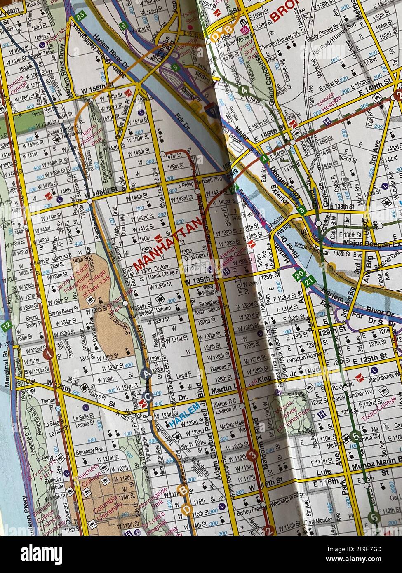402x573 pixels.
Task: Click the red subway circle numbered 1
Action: click(x=49, y=354)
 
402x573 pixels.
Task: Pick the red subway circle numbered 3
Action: click(x=252, y=455)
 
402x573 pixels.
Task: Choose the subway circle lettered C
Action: click(x=148, y=396)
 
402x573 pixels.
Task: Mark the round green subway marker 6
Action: click(x=374, y=517)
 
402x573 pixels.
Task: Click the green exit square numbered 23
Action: click(x=80, y=16)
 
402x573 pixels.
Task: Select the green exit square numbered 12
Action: click(x=5, y=326)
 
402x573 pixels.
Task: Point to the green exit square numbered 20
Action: click(x=299, y=274)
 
